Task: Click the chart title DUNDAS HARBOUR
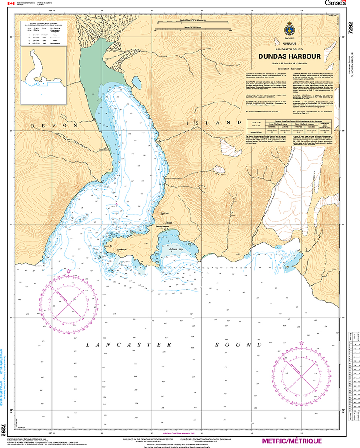coord(289,56)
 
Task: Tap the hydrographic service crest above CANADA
coord(289,30)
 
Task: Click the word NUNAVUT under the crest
coord(289,44)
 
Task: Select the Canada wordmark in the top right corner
coord(335,3)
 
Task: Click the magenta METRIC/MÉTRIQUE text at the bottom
coord(291,441)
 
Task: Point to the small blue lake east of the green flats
coord(137,82)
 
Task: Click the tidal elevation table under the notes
coord(289,126)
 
